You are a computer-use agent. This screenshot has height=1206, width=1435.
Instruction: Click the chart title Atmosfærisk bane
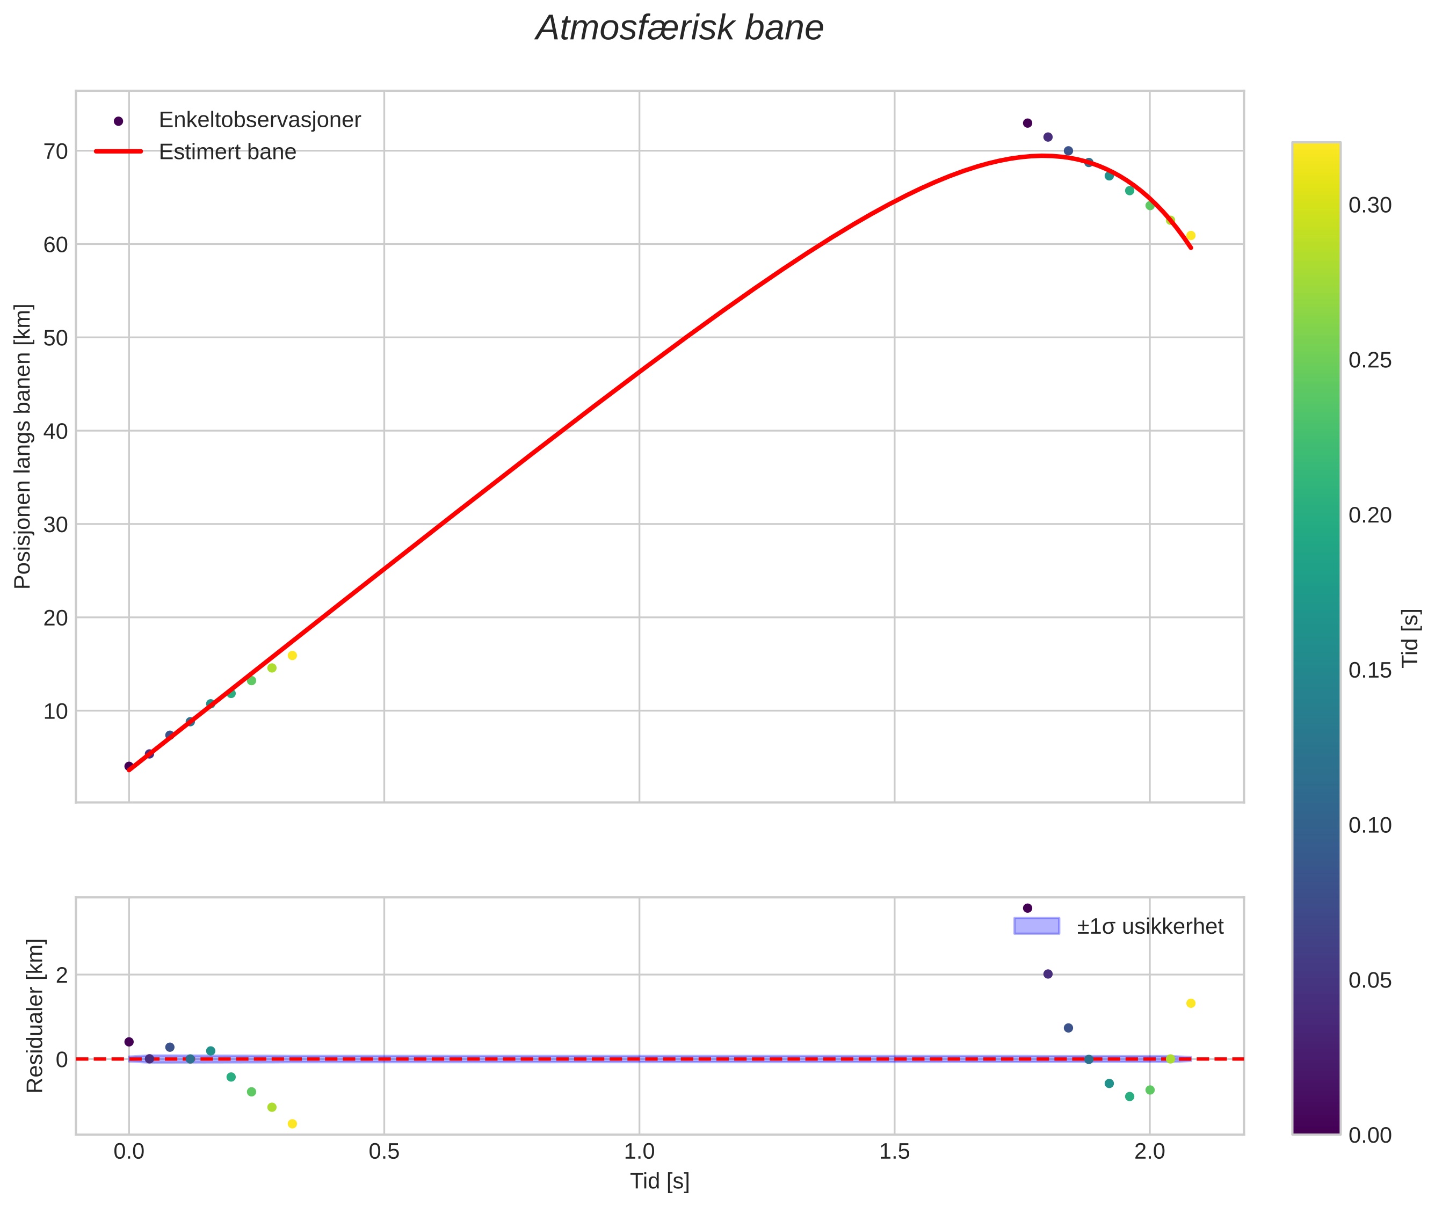tap(679, 28)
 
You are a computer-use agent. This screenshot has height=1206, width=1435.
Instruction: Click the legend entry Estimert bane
tap(227, 152)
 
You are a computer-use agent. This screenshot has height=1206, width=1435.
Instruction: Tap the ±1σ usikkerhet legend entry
tap(1149, 926)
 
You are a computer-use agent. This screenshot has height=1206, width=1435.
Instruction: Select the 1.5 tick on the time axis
tap(894, 1152)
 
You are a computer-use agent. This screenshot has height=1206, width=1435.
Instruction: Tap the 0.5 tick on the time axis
tap(383, 1152)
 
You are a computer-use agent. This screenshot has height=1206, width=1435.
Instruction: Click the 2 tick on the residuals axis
tap(62, 975)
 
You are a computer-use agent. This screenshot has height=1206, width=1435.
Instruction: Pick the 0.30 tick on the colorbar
tap(1369, 205)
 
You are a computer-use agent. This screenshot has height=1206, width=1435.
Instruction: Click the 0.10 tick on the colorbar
tap(1369, 825)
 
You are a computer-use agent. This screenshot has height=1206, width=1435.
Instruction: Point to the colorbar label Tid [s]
tap(1410, 638)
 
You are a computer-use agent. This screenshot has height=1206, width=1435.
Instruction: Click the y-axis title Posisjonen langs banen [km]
tap(23, 446)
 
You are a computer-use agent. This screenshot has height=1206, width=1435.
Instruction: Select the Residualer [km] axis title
tap(34, 1016)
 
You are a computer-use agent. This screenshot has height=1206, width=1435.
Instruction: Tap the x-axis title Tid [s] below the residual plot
tap(659, 1181)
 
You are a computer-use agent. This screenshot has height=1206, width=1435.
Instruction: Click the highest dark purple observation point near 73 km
tap(1027, 123)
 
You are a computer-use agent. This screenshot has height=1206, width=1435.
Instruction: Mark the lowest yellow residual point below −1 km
tap(292, 1124)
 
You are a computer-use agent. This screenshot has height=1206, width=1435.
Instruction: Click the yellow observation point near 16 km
tap(292, 656)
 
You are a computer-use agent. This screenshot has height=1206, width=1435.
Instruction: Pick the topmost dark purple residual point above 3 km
tap(1027, 908)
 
